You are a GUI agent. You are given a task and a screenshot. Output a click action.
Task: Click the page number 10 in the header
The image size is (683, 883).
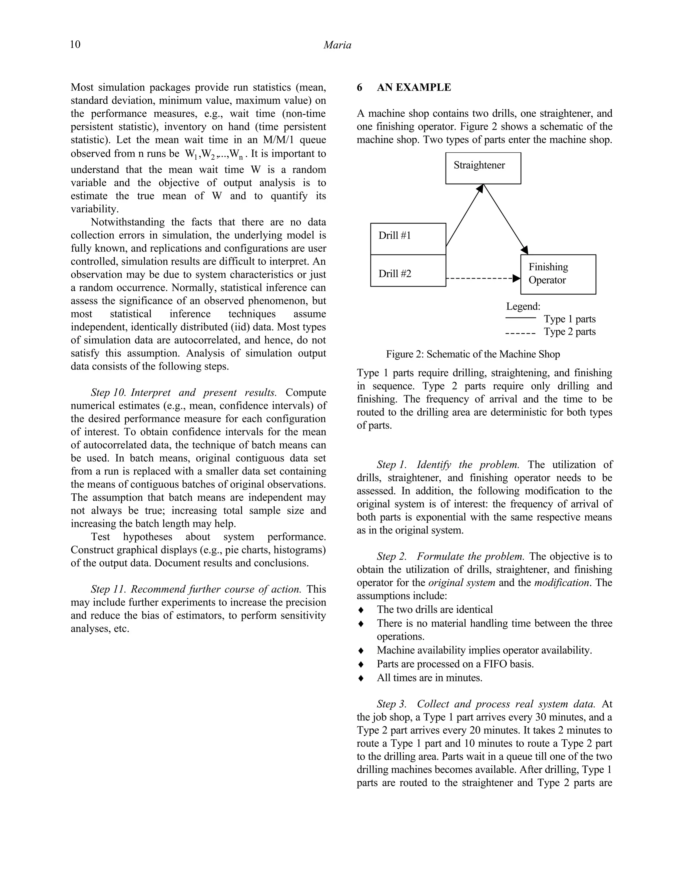[x=75, y=44]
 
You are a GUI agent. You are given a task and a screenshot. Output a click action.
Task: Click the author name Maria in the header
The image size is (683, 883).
[x=337, y=45]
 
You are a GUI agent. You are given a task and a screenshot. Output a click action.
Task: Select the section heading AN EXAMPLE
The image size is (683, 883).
[x=414, y=87]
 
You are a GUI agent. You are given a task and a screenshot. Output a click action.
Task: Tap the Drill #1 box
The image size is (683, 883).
[x=408, y=239]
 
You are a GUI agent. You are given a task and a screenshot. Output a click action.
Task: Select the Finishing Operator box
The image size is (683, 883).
[x=558, y=274]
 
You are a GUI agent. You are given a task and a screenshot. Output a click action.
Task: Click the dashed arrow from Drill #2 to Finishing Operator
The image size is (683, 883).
[x=482, y=279]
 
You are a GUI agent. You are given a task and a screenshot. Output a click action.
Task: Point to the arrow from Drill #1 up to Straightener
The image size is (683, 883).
[x=464, y=216]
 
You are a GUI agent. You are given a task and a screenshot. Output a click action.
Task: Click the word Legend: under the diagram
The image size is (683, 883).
[x=523, y=306]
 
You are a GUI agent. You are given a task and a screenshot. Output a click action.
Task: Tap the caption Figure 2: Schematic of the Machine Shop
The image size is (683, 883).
[x=473, y=354]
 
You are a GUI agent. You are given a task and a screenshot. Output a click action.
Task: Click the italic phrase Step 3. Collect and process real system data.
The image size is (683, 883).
[x=486, y=704]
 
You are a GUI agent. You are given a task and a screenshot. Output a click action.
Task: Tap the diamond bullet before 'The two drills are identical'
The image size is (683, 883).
[x=361, y=610]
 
